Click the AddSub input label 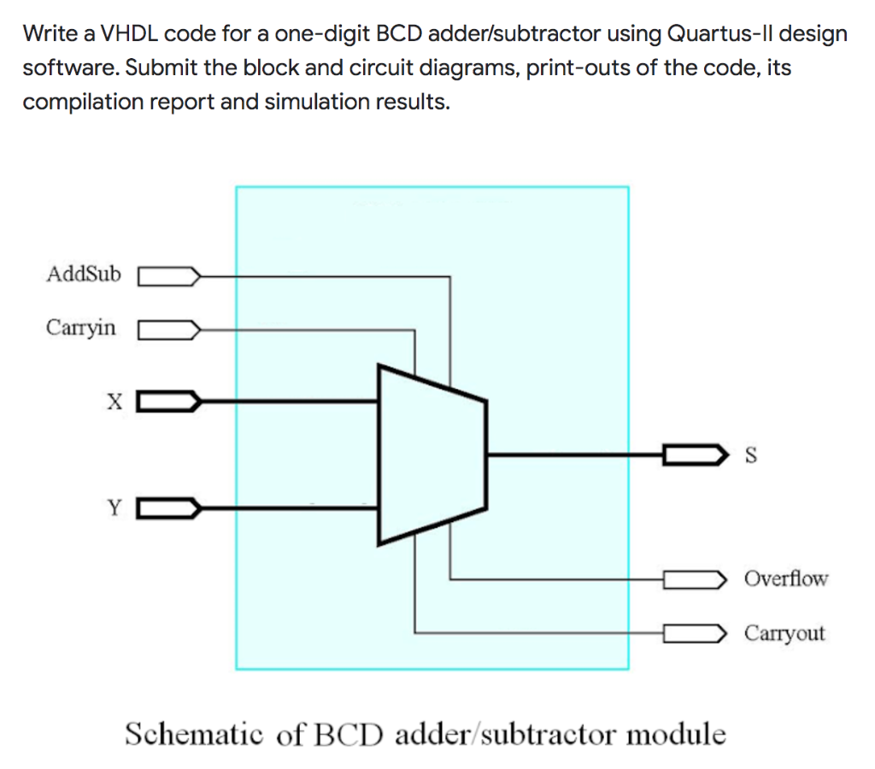(84, 275)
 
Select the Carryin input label (81, 328)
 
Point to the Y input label (114, 509)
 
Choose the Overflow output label (785, 579)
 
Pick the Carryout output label (784, 633)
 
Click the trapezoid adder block (432, 455)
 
